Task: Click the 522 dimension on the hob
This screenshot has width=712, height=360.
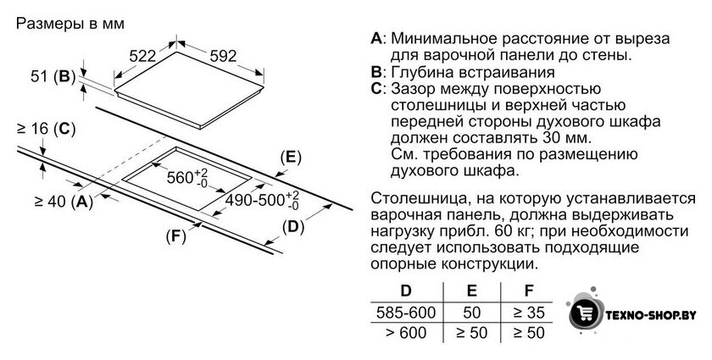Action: [142, 56]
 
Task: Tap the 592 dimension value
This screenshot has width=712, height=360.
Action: [223, 56]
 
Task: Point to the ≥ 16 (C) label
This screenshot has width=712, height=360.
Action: [46, 129]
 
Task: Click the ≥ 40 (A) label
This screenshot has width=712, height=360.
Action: [64, 201]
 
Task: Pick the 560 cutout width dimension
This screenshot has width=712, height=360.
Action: [187, 176]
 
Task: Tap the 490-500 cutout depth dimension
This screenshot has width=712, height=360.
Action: [263, 200]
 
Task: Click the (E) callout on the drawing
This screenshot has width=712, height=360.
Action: [291, 157]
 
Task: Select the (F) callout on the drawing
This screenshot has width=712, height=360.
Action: [176, 236]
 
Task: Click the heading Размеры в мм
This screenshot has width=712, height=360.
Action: [70, 24]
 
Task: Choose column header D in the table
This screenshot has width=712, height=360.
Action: [405, 291]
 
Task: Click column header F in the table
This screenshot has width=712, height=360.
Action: [529, 291]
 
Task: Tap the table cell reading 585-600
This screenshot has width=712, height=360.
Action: [406, 313]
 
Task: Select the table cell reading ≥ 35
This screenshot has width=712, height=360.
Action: [529, 313]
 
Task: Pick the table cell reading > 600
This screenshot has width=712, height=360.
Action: [406, 333]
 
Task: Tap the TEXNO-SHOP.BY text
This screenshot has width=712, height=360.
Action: [651, 315]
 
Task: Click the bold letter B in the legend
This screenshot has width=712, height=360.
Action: [376, 72]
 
